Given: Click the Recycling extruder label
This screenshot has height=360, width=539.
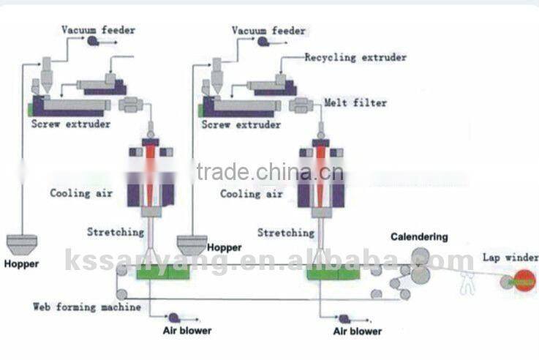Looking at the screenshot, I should click(x=355, y=57).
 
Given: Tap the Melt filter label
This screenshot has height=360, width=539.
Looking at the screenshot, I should click(x=356, y=103).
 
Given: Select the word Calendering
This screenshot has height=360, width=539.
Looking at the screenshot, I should click(x=419, y=237).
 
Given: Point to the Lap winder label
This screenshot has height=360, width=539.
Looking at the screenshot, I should click(x=510, y=258).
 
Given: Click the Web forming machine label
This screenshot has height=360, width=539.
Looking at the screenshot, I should click(x=87, y=307).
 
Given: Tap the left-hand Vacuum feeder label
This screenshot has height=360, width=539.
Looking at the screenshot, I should click(x=98, y=30).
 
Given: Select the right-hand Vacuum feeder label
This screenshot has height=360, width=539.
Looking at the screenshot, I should click(x=268, y=30).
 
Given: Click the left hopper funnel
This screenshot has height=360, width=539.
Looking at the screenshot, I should click(x=22, y=241).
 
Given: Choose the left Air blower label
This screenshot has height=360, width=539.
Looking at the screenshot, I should click(x=186, y=331).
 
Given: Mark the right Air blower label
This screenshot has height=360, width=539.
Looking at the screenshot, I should click(x=358, y=331).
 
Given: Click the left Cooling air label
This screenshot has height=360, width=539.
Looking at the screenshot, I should click(x=81, y=194).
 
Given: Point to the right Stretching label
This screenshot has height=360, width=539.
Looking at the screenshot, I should click(x=286, y=233).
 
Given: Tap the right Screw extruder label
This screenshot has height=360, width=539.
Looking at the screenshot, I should click(x=241, y=125).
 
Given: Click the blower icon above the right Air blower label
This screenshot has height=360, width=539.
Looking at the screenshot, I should click(x=342, y=318).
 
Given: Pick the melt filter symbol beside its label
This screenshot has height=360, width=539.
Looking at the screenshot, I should click(x=302, y=105).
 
